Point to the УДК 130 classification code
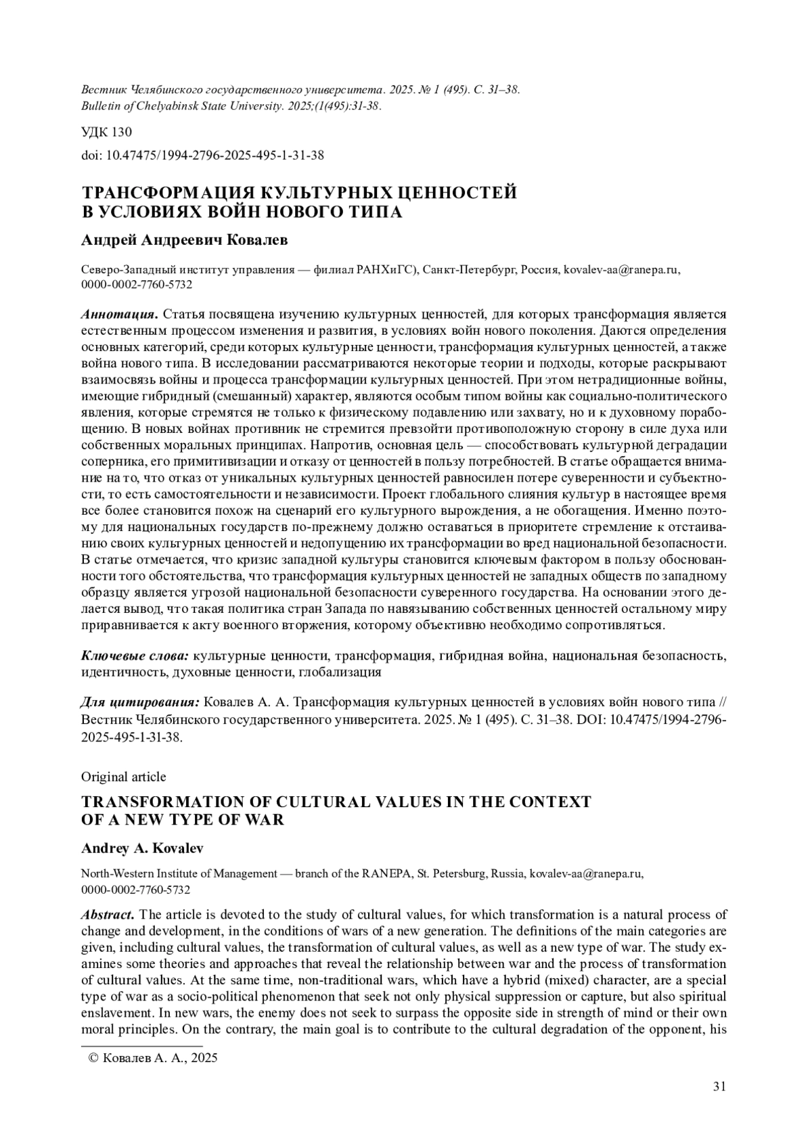[106, 132]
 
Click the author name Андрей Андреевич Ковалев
[175, 240]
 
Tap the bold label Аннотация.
[119, 314]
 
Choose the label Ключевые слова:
[135, 656]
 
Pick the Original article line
[123, 777]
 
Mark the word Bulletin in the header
[99, 106]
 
